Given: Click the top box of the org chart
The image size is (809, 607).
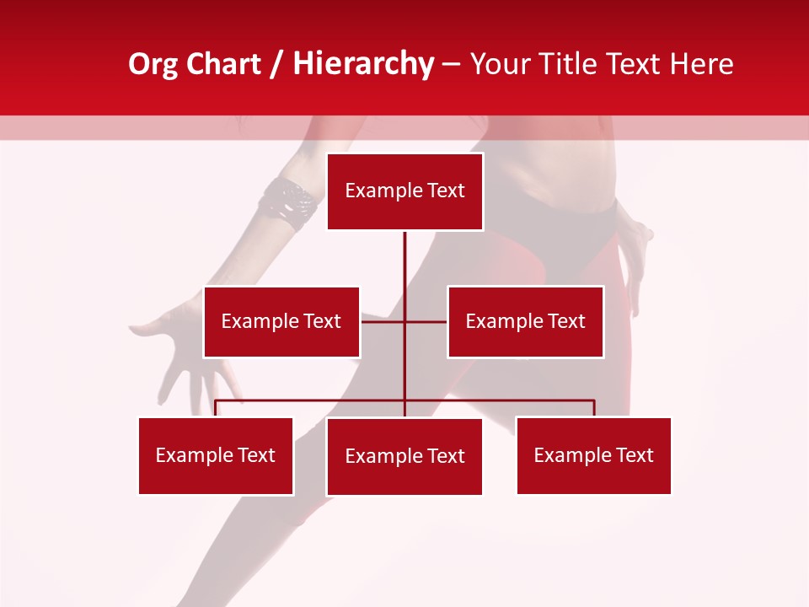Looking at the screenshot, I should (x=404, y=191).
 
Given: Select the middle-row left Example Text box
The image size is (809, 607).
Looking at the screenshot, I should (x=281, y=322).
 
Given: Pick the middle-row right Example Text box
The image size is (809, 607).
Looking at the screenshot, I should (x=525, y=322).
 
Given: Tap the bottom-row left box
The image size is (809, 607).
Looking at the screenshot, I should (x=216, y=456).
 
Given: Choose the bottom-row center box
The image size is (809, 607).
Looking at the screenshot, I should (x=404, y=457).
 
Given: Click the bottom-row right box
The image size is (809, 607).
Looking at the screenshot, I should (x=593, y=456).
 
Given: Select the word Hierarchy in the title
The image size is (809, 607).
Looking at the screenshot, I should (x=363, y=64).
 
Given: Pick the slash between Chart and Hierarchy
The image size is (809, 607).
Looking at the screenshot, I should (x=276, y=65).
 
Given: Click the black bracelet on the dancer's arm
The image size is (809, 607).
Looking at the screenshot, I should (x=289, y=203).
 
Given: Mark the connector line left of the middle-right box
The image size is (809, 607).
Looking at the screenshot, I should (x=426, y=321).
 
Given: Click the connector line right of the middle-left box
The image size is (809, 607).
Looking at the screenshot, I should (x=382, y=321).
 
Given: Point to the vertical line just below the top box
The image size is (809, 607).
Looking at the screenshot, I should (x=404, y=253).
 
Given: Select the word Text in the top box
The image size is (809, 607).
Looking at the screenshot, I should (x=446, y=191).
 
